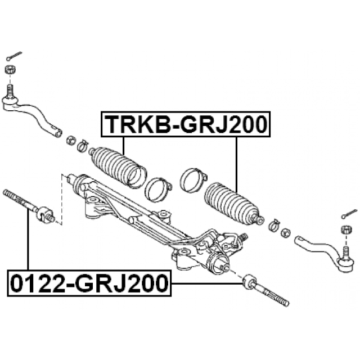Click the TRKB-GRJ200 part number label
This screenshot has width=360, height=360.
coord(186,124)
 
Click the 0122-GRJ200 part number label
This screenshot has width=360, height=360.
coord(89,283)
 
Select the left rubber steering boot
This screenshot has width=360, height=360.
coord(118,167)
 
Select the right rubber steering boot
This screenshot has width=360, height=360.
coord(234,203)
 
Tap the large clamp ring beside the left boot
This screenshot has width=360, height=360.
coord(158,190)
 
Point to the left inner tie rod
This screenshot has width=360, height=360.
coord(29,206)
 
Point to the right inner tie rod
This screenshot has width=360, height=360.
coord(265,290)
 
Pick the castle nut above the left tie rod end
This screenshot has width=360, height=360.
coord(10,69)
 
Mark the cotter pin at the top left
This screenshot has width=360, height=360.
coord(14,56)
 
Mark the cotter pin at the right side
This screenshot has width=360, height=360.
coord(349,214)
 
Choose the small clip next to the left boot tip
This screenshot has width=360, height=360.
coord(83,146)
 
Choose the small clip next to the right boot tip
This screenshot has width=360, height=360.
coord(274,224)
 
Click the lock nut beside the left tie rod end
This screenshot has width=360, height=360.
coord(71,140)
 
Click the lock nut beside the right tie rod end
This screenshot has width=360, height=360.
coord(286,233)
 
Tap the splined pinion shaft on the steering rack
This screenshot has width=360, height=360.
coord(244,237)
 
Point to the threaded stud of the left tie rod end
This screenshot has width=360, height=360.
coord(10,91)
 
